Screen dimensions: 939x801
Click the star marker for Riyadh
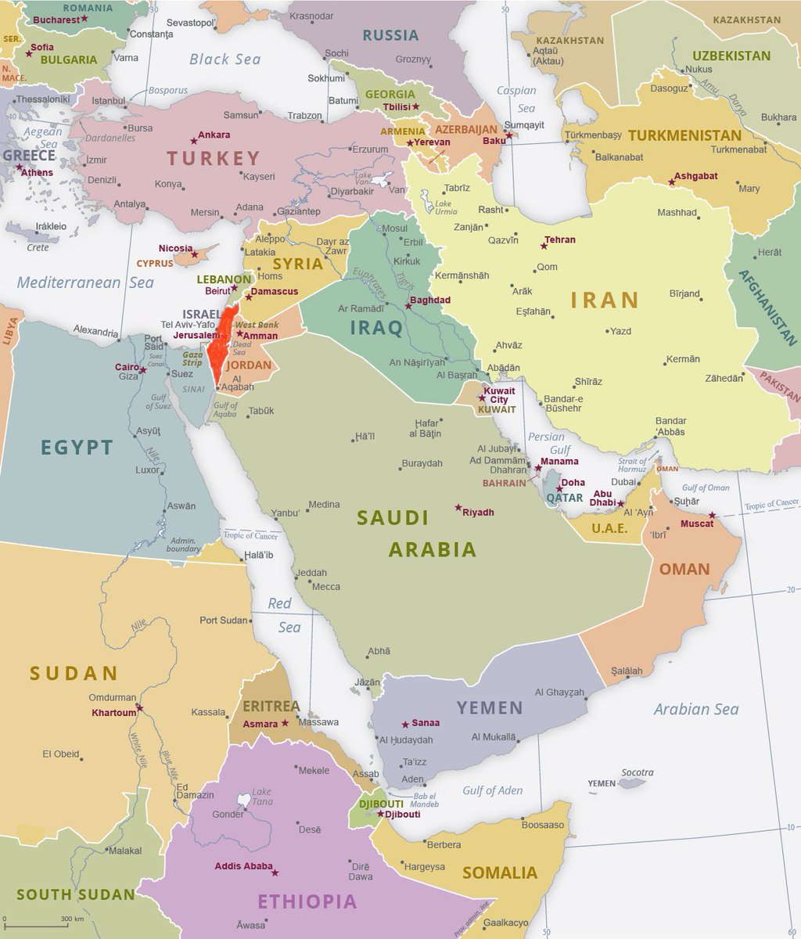pos(458,508)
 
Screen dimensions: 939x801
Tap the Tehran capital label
pos(560,239)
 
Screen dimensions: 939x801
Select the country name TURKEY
pos(213,158)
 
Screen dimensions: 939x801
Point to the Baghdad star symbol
pos(408,304)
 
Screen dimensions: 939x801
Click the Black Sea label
pos(226,59)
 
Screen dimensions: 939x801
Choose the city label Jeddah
pos(311,573)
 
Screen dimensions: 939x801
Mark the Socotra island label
pos(637,772)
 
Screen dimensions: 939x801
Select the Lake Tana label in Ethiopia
pos(261,797)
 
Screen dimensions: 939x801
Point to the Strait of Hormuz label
pos(632,465)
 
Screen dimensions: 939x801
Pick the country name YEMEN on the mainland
pos(490,707)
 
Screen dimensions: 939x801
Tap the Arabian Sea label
pos(695,709)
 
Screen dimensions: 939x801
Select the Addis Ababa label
pos(243,866)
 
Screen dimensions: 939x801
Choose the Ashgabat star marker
pos(671,182)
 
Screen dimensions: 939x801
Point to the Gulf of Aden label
pos(492,790)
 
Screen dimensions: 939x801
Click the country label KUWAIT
pos(497,409)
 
